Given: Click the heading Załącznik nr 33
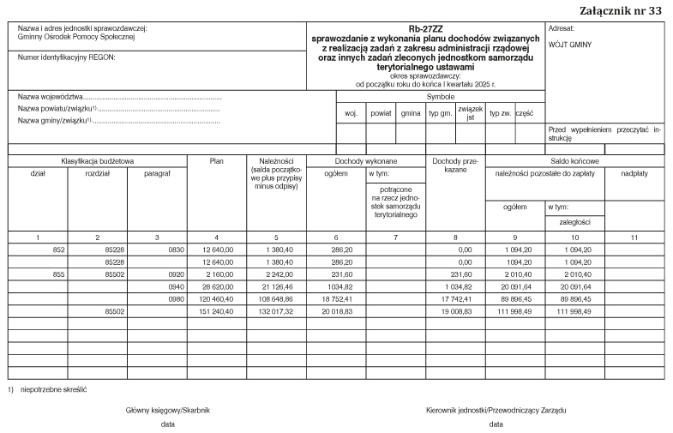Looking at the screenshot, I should (621, 10).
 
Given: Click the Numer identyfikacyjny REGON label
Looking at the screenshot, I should (66, 57).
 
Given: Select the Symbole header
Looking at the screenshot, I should (440, 97).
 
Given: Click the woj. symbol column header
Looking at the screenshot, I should (351, 113).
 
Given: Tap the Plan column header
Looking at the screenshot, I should (217, 160).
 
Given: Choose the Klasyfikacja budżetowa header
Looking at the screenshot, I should (97, 160).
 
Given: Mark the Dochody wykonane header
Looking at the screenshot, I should (366, 160).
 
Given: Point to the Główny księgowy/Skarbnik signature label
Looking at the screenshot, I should (168, 410).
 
